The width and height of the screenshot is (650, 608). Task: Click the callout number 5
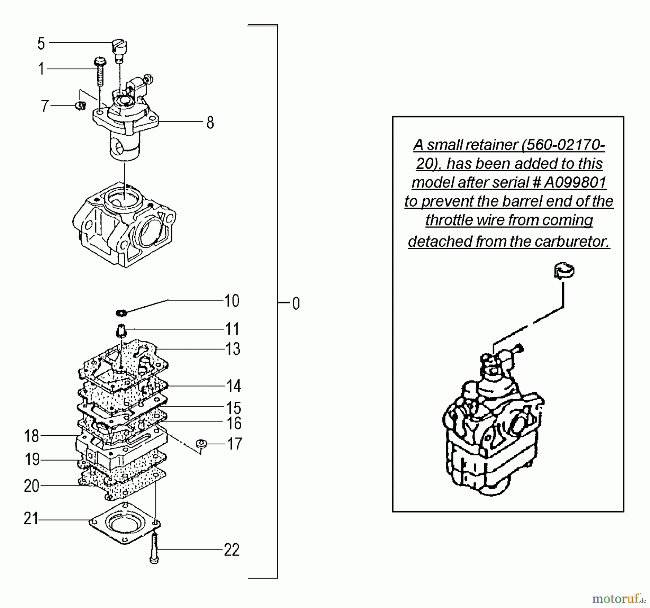(x=41, y=44)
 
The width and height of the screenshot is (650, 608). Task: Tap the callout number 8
(x=210, y=123)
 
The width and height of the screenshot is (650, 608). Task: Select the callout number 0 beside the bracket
(x=296, y=304)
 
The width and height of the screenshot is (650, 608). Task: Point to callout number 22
(x=231, y=550)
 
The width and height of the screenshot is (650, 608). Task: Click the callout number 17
(x=234, y=444)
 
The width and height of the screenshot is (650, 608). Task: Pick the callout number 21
(x=31, y=519)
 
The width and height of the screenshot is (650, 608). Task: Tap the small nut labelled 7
(x=81, y=105)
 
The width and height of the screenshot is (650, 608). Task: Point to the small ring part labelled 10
(x=121, y=312)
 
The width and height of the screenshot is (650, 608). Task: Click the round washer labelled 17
(x=201, y=443)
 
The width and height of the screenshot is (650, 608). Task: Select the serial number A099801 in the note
(x=575, y=182)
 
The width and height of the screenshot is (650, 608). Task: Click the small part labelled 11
(x=122, y=330)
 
